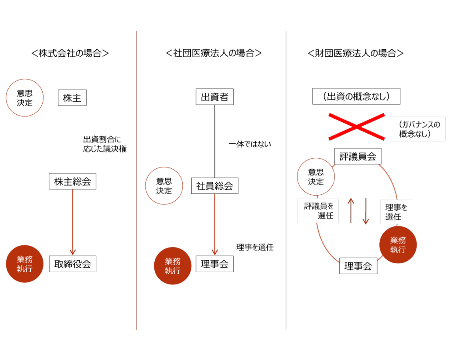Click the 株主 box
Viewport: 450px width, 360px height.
click(x=72, y=98)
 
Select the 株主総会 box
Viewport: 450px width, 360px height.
click(x=73, y=181)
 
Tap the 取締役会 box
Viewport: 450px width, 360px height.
click(x=73, y=264)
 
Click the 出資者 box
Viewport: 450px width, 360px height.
click(x=214, y=97)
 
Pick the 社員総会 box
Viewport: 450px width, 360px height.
click(x=214, y=186)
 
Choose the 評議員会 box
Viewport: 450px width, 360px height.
click(x=358, y=156)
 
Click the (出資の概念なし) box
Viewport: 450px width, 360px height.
click(x=356, y=96)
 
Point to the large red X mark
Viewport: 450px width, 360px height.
click(x=356, y=127)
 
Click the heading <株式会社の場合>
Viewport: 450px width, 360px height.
click(x=70, y=53)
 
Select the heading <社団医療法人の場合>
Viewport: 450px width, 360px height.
click(x=214, y=53)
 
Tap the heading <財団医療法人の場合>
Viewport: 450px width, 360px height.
click(x=356, y=53)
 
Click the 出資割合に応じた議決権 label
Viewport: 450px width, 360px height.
click(x=105, y=144)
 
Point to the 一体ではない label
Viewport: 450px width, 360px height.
click(x=250, y=144)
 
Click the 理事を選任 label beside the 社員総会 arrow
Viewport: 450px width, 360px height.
click(x=255, y=247)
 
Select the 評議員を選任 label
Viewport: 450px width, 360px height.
click(x=319, y=211)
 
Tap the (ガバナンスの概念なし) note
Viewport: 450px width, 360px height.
click(x=417, y=129)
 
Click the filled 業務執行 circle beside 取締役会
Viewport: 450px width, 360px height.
click(x=25, y=264)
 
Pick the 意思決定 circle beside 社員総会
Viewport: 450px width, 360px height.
click(x=164, y=186)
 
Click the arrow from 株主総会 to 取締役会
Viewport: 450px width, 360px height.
click(x=73, y=222)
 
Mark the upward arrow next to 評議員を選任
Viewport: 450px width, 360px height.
click(x=351, y=211)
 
